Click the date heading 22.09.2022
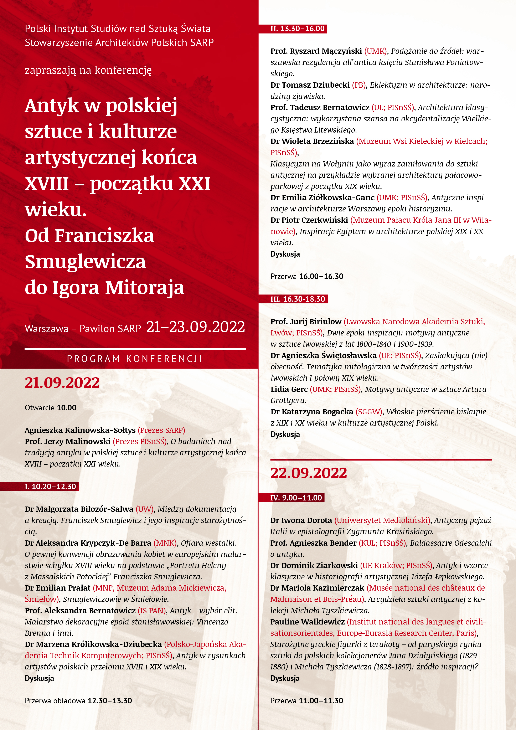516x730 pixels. pyautogui.click(x=308, y=473)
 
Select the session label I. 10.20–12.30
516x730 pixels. pyautogui.click(x=51, y=487)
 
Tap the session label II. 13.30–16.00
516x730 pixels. pyautogui.click(x=297, y=29)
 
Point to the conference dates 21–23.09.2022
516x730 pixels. pyautogui.click(x=196, y=327)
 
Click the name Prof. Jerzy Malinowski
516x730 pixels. pyautogui.click(x=67, y=441)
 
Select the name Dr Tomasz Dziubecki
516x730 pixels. pyautogui.click(x=310, y=85)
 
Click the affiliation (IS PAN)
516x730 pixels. pyautogui.click(x=152, y=611)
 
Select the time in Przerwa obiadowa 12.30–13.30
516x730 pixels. pyautogui.click(x=110, y=701)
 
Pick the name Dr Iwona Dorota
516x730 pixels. pyautogui.click(x=301, y=520)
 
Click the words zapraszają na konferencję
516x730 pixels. pyautogui.click(x=88, y=70)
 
